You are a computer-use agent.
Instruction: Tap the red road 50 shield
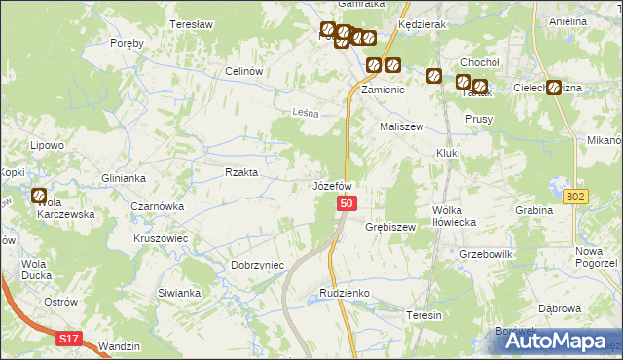point(348,204)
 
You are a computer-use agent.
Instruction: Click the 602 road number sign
point(576,197)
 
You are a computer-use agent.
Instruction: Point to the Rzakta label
point(241,172)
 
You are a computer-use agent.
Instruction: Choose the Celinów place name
point(245,71)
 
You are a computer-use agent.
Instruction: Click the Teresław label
point(191,24)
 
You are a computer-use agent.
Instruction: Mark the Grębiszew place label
point(390,227)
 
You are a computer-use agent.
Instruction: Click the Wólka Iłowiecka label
point(453,215)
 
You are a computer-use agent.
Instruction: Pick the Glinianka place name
point(124,178)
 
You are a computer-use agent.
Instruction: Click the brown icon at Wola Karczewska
point(39,196)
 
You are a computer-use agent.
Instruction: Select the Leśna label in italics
point(307,113)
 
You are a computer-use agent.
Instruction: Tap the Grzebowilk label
point(486,253)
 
